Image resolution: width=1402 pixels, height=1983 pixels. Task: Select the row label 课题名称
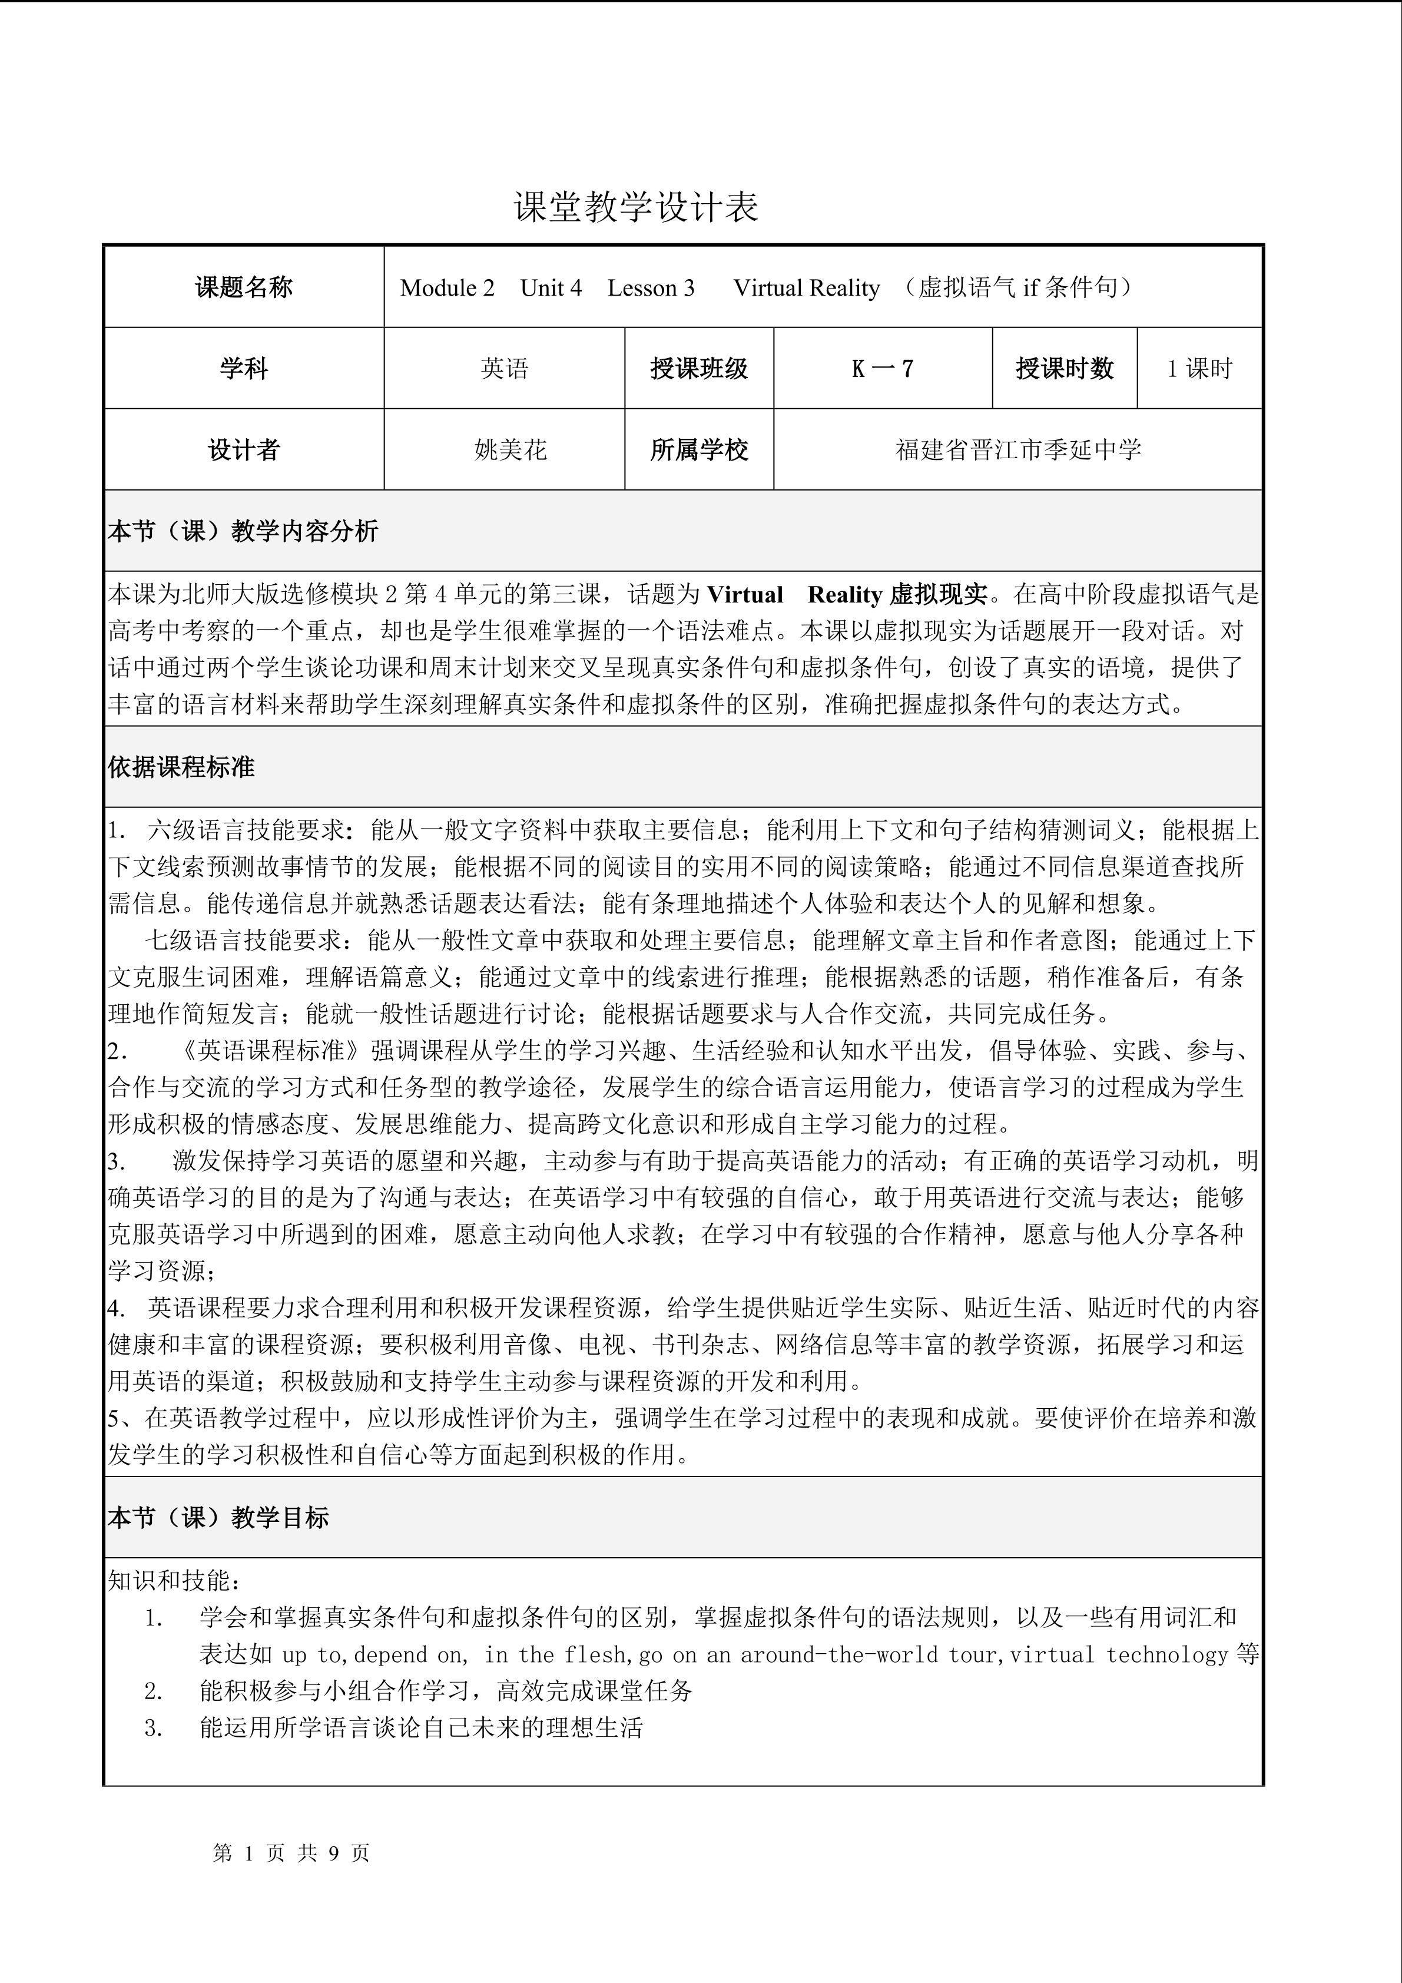tap(244, 287)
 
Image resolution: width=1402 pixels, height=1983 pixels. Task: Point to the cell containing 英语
tap(504, 369)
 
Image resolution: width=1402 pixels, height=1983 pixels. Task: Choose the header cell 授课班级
tap(700, 369)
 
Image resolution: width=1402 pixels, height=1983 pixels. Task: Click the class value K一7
tap(882, 369)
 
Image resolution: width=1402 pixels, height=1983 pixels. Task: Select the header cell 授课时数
tap(1065, 369)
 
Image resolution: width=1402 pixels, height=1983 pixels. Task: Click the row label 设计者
tap(244, 450)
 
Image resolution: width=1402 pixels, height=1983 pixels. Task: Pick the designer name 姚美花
tap(510, 450)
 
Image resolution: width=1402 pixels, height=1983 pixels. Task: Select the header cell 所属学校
tap(700, 450)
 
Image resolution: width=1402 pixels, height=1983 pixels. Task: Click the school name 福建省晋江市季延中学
tap(1019, 450)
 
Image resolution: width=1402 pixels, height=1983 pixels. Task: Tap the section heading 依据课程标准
tap(181, 767)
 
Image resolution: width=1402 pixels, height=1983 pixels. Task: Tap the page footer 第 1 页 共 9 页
tap(291, 1853)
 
